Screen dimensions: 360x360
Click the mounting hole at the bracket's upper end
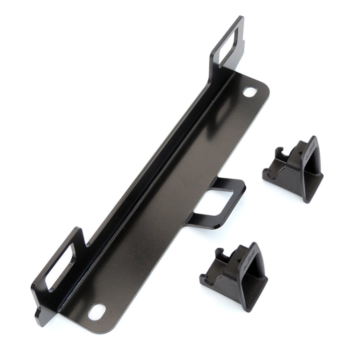[x=250, y=91]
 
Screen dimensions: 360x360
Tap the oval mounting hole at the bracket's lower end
[x=97, y=312]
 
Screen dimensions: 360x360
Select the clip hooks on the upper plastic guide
[x=278, y=158]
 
